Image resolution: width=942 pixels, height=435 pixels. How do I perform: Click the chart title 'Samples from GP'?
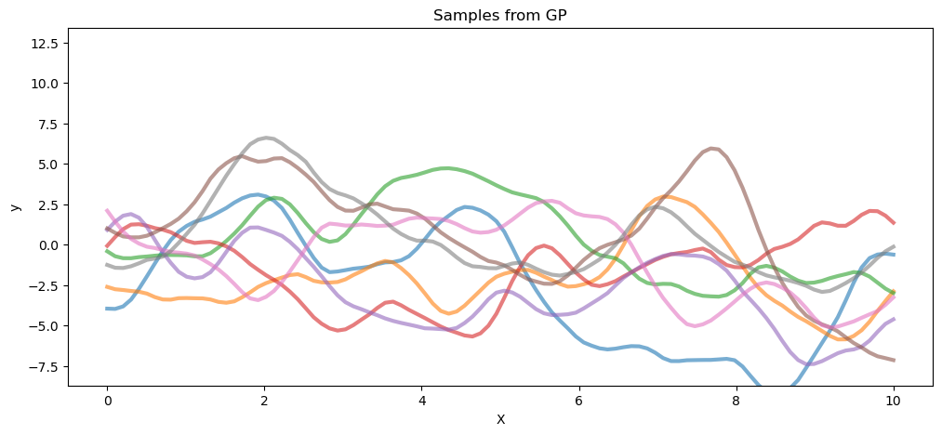[x=500, y=15]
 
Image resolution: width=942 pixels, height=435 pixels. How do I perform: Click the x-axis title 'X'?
[x=500, y=419]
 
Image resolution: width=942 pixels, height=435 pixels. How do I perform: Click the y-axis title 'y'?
[x=15, y=206]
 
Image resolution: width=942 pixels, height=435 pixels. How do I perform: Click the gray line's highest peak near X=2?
[x=266, y=138]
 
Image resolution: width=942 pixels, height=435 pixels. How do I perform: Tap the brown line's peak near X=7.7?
[x=712, y=148]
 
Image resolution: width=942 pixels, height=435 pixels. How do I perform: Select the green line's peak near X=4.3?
[x=446, y=168]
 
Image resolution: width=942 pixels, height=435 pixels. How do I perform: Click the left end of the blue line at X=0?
[x=108, y=309]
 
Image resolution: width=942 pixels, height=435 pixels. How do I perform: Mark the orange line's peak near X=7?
[x=664, y=196]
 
